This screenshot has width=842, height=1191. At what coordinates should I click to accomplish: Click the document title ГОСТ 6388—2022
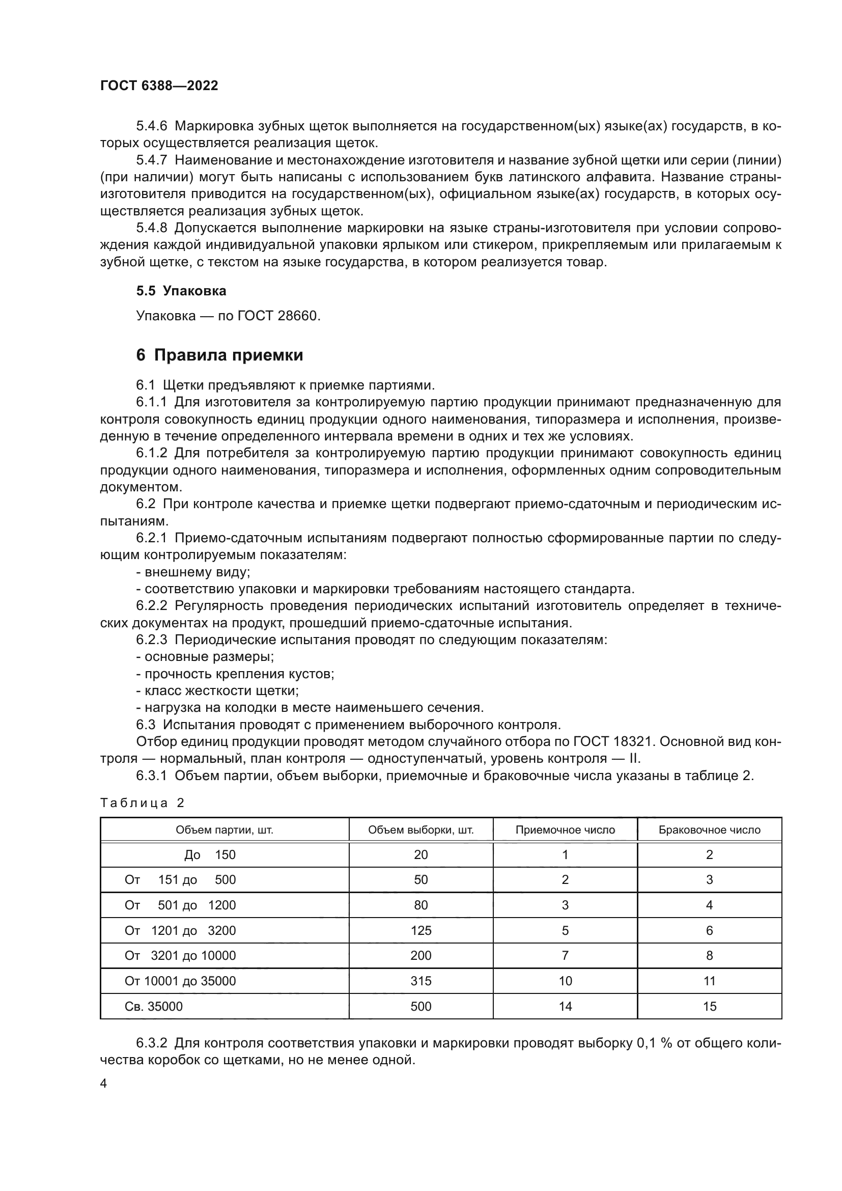coord(159,86)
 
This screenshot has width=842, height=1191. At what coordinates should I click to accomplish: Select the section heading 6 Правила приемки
coord(219,355)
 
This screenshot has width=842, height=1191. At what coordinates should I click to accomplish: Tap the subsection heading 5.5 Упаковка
coord(181,291)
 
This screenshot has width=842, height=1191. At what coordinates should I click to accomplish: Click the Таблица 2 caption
coord(142,803)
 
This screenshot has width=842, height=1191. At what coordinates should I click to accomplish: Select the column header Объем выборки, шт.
coord(420,830)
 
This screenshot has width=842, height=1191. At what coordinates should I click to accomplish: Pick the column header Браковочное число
coord(709,830)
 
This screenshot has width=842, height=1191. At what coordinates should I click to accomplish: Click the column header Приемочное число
coord(565,830)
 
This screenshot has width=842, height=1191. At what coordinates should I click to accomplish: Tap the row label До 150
coord(209,855)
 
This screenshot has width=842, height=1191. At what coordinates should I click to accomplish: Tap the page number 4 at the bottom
coord(104,1084)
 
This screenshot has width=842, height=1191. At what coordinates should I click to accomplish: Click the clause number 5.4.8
coord(152,228)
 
